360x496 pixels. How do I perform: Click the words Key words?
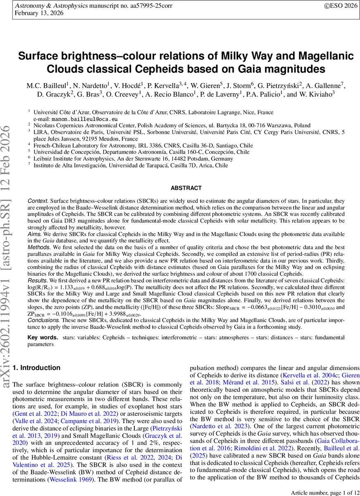tap(43, 338)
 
